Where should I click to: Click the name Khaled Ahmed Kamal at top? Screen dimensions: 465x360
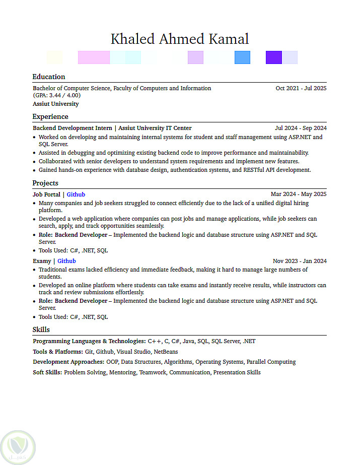point(180,39)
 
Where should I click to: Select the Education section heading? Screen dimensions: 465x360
point(49,77)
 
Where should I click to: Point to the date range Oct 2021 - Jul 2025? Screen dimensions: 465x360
point(301,88)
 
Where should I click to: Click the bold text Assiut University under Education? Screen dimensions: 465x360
point(56,104)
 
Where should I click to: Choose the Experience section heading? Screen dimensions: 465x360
point(50,117)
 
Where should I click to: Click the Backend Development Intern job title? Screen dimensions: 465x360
point(73,128)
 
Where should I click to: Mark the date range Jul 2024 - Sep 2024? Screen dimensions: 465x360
point(301,128)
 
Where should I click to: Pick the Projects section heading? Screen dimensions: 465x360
point(45,183)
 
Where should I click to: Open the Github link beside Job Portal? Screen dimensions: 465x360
point(76,194)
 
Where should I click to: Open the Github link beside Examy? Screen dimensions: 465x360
point(66,261)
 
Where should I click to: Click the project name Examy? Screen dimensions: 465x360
point(42,261)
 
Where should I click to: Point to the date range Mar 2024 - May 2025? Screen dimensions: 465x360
point(299,194)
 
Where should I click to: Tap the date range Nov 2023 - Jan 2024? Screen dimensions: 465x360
point(300,261)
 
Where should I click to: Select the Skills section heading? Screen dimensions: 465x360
point(41,330)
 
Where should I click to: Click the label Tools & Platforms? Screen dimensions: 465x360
point(58,352)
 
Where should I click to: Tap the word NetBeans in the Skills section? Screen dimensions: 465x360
point(166,352)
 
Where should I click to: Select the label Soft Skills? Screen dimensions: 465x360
point(47,372)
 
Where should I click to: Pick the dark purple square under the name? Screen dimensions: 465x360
point(274,57)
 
